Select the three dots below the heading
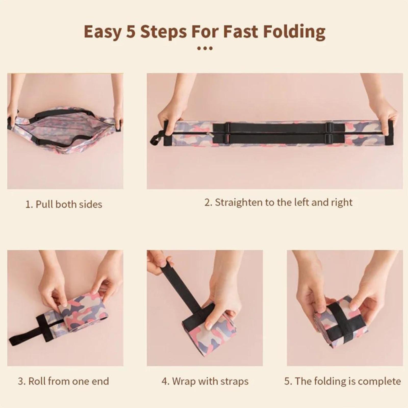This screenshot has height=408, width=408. point(205,48)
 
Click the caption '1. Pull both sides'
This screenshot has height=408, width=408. point(64,204)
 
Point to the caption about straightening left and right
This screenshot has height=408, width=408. point(278,202)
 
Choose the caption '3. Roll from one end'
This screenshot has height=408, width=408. point(63,381)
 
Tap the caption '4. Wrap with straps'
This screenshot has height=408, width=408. point(205,381)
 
